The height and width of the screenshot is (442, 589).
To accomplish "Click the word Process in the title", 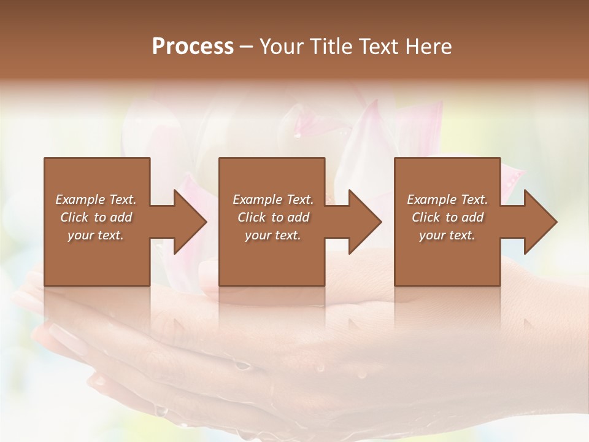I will [x=193, y=47].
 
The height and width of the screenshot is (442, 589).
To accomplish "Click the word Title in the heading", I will [x=330, y=47].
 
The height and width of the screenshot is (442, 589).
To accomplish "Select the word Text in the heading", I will [x=379, y=47].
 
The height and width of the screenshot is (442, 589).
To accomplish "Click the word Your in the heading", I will [x=283, y=47].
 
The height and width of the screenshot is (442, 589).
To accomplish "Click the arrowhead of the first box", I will [x=188, y=222].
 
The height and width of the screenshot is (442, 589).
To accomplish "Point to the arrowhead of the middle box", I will [x=363, y=222].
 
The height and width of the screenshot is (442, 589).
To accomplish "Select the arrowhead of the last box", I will [x=538, y=222].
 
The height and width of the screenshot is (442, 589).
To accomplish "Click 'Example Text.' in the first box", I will [x=96, y=200].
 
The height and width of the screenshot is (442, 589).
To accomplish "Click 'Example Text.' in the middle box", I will [x=272, y=200].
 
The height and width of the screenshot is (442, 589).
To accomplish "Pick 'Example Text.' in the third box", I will [x=447, y=200].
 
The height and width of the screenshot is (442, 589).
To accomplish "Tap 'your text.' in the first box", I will [x=96, y=235].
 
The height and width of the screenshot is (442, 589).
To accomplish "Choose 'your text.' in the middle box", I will [x=272, y=235].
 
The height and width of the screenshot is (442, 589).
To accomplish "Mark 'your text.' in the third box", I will [x=447, y=235].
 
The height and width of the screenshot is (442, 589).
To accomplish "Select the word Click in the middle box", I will [x=251, y=217].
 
